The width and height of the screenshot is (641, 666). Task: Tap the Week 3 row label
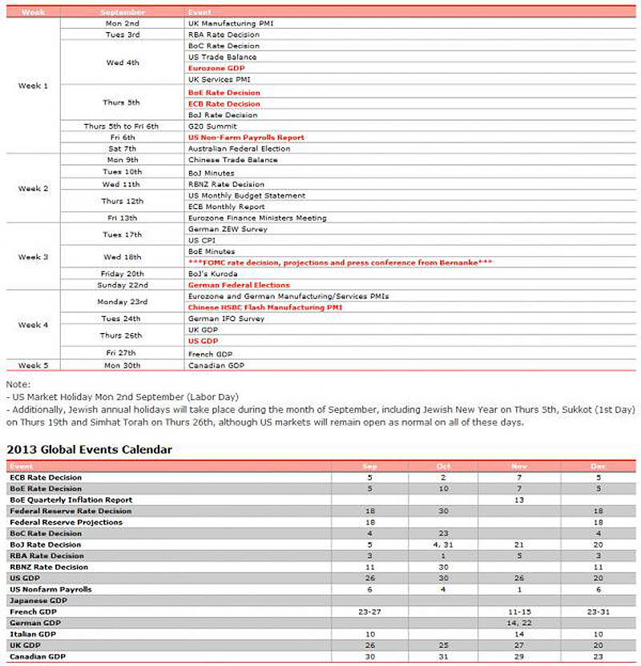(x=34, y=257)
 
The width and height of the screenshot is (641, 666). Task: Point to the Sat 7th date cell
(x=123, y=149)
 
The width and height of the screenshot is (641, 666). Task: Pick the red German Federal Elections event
(x=239, y=285)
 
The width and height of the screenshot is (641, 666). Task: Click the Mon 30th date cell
(x=123, y=365)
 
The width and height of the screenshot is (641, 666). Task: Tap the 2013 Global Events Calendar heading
(x=89, y=450)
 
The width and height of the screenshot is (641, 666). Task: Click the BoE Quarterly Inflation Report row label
(x=60, y=499)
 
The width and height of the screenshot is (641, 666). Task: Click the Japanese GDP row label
(x=37, y=600)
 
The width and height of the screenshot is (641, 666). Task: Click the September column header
(x=123, y=12)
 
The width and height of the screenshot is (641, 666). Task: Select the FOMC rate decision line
(x=340, y=263)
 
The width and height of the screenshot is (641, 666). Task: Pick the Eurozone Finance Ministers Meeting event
(x=256, y=218)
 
